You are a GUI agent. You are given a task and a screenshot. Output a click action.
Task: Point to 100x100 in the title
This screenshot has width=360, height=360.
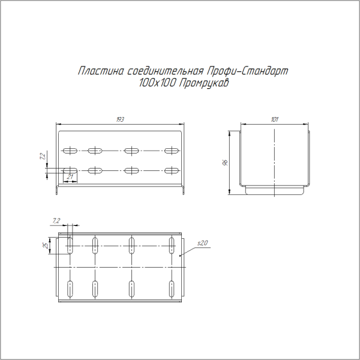[x=156, y=84]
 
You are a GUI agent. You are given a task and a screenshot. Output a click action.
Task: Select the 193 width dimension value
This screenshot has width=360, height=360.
[x=120, y=120]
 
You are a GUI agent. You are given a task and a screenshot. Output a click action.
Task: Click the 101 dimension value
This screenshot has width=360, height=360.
[x=274, y=120]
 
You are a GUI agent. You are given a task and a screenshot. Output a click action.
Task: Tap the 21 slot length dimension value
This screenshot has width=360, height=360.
[x=70, y=176]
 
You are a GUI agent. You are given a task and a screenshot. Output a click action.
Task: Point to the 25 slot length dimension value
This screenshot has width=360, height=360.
[x=46, y=245]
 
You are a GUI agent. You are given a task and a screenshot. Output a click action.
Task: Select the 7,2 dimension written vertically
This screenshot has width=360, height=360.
[x=41, y=157]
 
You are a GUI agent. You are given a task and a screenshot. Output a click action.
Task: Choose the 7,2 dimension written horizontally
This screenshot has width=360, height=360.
[x=56, y=221]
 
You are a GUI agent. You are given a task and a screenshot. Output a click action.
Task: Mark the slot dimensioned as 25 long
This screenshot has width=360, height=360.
[x=70, y=245]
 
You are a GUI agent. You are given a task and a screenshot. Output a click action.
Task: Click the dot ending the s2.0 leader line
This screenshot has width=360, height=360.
[x=180, y=256]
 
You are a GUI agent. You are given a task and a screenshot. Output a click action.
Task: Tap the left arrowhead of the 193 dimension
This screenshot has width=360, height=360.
[x=58, y=124]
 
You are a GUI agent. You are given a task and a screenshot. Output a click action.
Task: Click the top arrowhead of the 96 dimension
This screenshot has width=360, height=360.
[x=230, y=133]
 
